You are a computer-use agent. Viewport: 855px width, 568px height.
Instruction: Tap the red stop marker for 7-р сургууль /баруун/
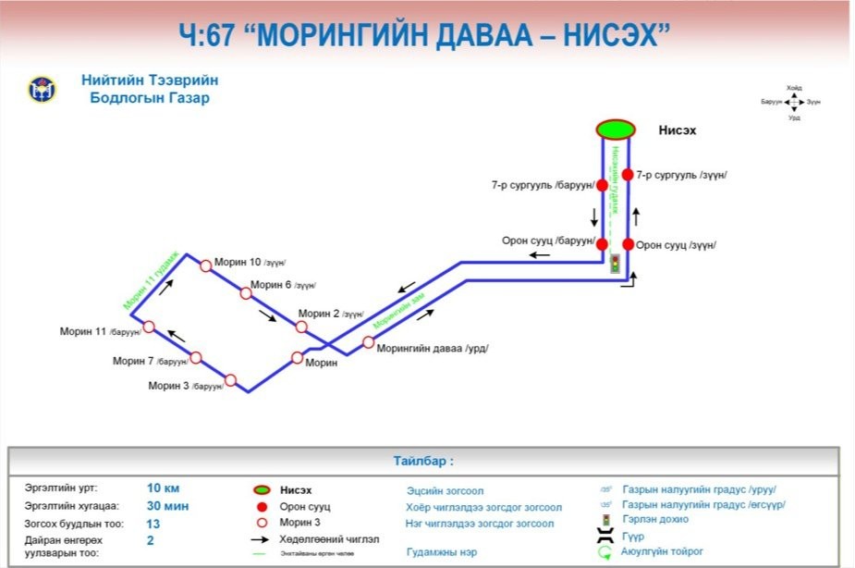[x=602, y=185]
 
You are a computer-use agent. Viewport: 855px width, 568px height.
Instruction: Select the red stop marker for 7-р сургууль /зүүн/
[x=628, y=175]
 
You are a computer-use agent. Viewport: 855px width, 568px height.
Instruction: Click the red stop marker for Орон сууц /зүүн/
[x=628, y=244]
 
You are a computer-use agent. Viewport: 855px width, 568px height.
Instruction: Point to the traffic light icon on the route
[x=615, y=264]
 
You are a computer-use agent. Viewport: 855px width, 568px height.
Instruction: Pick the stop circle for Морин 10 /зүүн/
[x=205, y=265]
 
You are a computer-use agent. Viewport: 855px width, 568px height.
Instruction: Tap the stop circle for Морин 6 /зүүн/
[x=246, y=293]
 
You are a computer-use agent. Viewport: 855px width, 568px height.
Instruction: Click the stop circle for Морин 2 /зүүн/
[x=301, y=327]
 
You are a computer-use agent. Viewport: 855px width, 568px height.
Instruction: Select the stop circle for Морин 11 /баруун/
[x=148, y=327]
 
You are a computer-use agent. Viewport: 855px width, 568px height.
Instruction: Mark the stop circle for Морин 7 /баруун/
[x=195, y=356]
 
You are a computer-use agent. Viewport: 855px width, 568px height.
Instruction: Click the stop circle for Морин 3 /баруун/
[x=230, y=379]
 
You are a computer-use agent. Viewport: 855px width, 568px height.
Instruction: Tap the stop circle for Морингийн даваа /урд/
[x=368, y=343]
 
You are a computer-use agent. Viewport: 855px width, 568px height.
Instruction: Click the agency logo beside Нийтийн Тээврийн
[x=42, y=90]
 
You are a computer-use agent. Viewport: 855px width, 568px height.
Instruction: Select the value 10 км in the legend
[x=164, y=487]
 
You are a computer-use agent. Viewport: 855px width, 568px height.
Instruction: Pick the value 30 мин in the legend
[x=167, y=505]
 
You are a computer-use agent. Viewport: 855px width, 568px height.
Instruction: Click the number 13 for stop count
[x=153, y=523]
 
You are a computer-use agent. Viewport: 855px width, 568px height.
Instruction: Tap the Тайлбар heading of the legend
[x=423, y=460]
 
